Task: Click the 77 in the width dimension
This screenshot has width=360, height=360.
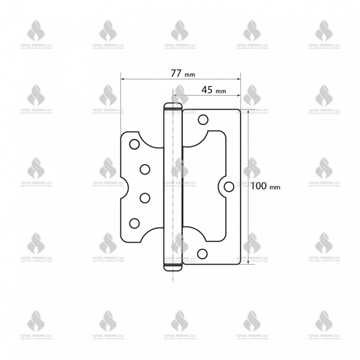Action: click(x=176, y=73)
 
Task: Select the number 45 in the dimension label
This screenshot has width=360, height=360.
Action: click(x=207, y=90)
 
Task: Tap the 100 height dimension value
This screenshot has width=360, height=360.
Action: click(x=259, y=186)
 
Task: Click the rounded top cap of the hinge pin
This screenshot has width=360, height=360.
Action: click(x=172, y=105)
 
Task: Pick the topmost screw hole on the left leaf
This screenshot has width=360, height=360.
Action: click(x=134, y=144)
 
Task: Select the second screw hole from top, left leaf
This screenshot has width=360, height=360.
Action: click(x=145, y=168)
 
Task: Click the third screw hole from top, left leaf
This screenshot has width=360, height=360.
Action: click(x=145, y=197)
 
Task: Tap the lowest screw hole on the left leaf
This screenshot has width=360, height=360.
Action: click(x=135, y=222)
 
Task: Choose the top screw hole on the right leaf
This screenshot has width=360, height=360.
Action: click(x=203, y=120)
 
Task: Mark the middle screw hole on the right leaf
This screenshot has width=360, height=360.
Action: click(x=228, y=186)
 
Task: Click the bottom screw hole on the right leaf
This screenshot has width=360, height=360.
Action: click(x=203, y=253)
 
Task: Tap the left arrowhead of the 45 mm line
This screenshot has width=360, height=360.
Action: click(x=175, y=95)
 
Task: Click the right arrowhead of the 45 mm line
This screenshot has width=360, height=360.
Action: click(x=238, y=95)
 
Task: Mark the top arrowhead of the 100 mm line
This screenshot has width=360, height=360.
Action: click(x=249, y=111)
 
